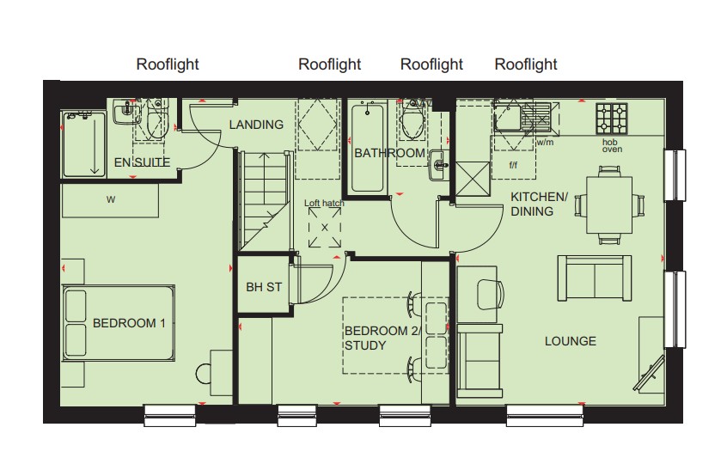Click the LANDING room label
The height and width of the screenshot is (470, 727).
[x=256, y=125]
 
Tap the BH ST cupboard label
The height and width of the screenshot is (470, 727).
[x=264, y=287]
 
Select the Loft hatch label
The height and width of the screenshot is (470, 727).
[x=324, y=203]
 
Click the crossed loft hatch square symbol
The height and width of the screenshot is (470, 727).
[x=325, y=227]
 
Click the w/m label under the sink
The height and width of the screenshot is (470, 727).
[x=545, y=143]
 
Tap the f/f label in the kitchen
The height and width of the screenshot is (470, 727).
[x=513, y=165]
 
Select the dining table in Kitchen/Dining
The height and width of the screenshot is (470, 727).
[x=609, y=204]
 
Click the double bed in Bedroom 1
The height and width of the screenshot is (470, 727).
[x=119, y=323]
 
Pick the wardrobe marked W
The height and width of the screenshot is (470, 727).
[x=110, y=200]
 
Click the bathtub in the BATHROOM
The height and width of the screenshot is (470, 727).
[x=368, y=149]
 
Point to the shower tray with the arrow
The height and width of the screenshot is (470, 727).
[x=84, y=143]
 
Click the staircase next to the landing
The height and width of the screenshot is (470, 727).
[x=263, y=200]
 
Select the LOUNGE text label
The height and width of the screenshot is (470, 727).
[x=571, y=341]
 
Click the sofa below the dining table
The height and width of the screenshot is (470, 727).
[x=595, y=278]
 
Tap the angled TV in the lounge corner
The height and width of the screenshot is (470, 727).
[x=649, y=373]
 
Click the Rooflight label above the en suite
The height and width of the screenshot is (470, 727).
[x=168, y=64]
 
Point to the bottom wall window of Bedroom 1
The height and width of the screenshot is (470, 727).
[x=169, y=415]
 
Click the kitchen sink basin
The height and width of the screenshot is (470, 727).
[x=507, y=117]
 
